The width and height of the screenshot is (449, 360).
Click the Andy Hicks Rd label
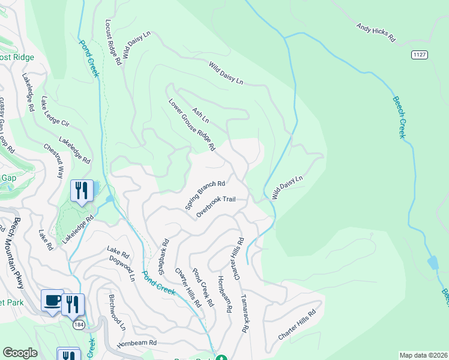[x=376, y=32]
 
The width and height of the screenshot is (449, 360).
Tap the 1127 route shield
[x=420, y=55]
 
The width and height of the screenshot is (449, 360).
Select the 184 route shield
[x=79, y=325]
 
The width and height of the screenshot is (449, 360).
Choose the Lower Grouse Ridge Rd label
[x=191, y=124]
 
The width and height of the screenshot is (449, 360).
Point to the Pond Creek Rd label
[x=202, y=287]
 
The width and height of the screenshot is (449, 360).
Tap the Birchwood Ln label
[x=117, y=312]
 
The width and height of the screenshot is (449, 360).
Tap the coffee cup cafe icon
[x=52, y=301]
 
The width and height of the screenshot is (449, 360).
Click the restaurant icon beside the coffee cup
[x=73, y=304]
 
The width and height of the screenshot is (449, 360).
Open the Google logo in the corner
[x=20, y=353]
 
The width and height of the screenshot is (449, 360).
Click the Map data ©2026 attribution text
[x=423, y=355]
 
